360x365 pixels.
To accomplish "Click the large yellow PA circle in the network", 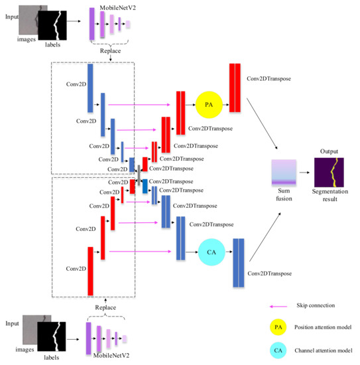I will [208, 105].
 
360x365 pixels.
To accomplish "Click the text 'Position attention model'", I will [323, 327].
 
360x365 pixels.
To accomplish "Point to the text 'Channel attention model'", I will [323, 350].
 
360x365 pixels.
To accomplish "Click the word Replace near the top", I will [109, 49].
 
